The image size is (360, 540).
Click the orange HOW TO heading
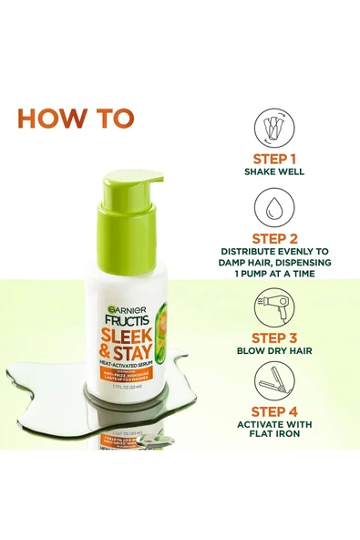click(76, 119)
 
